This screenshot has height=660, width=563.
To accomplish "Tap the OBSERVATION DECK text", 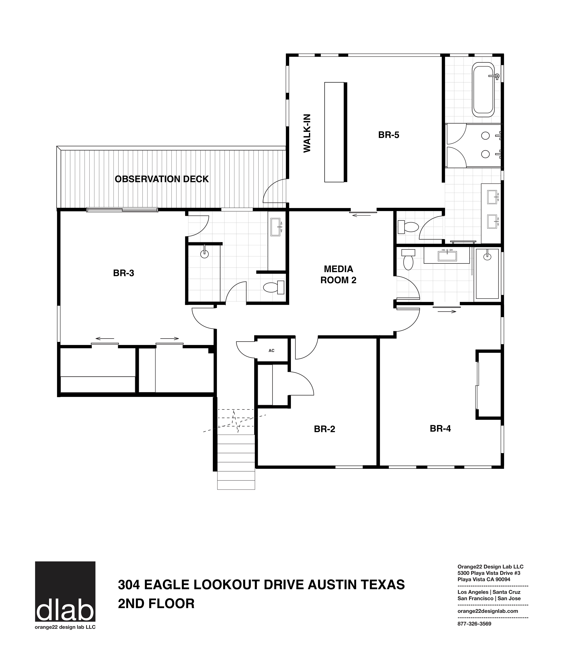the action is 162,179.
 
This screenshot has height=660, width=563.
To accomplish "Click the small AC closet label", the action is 271,350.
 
